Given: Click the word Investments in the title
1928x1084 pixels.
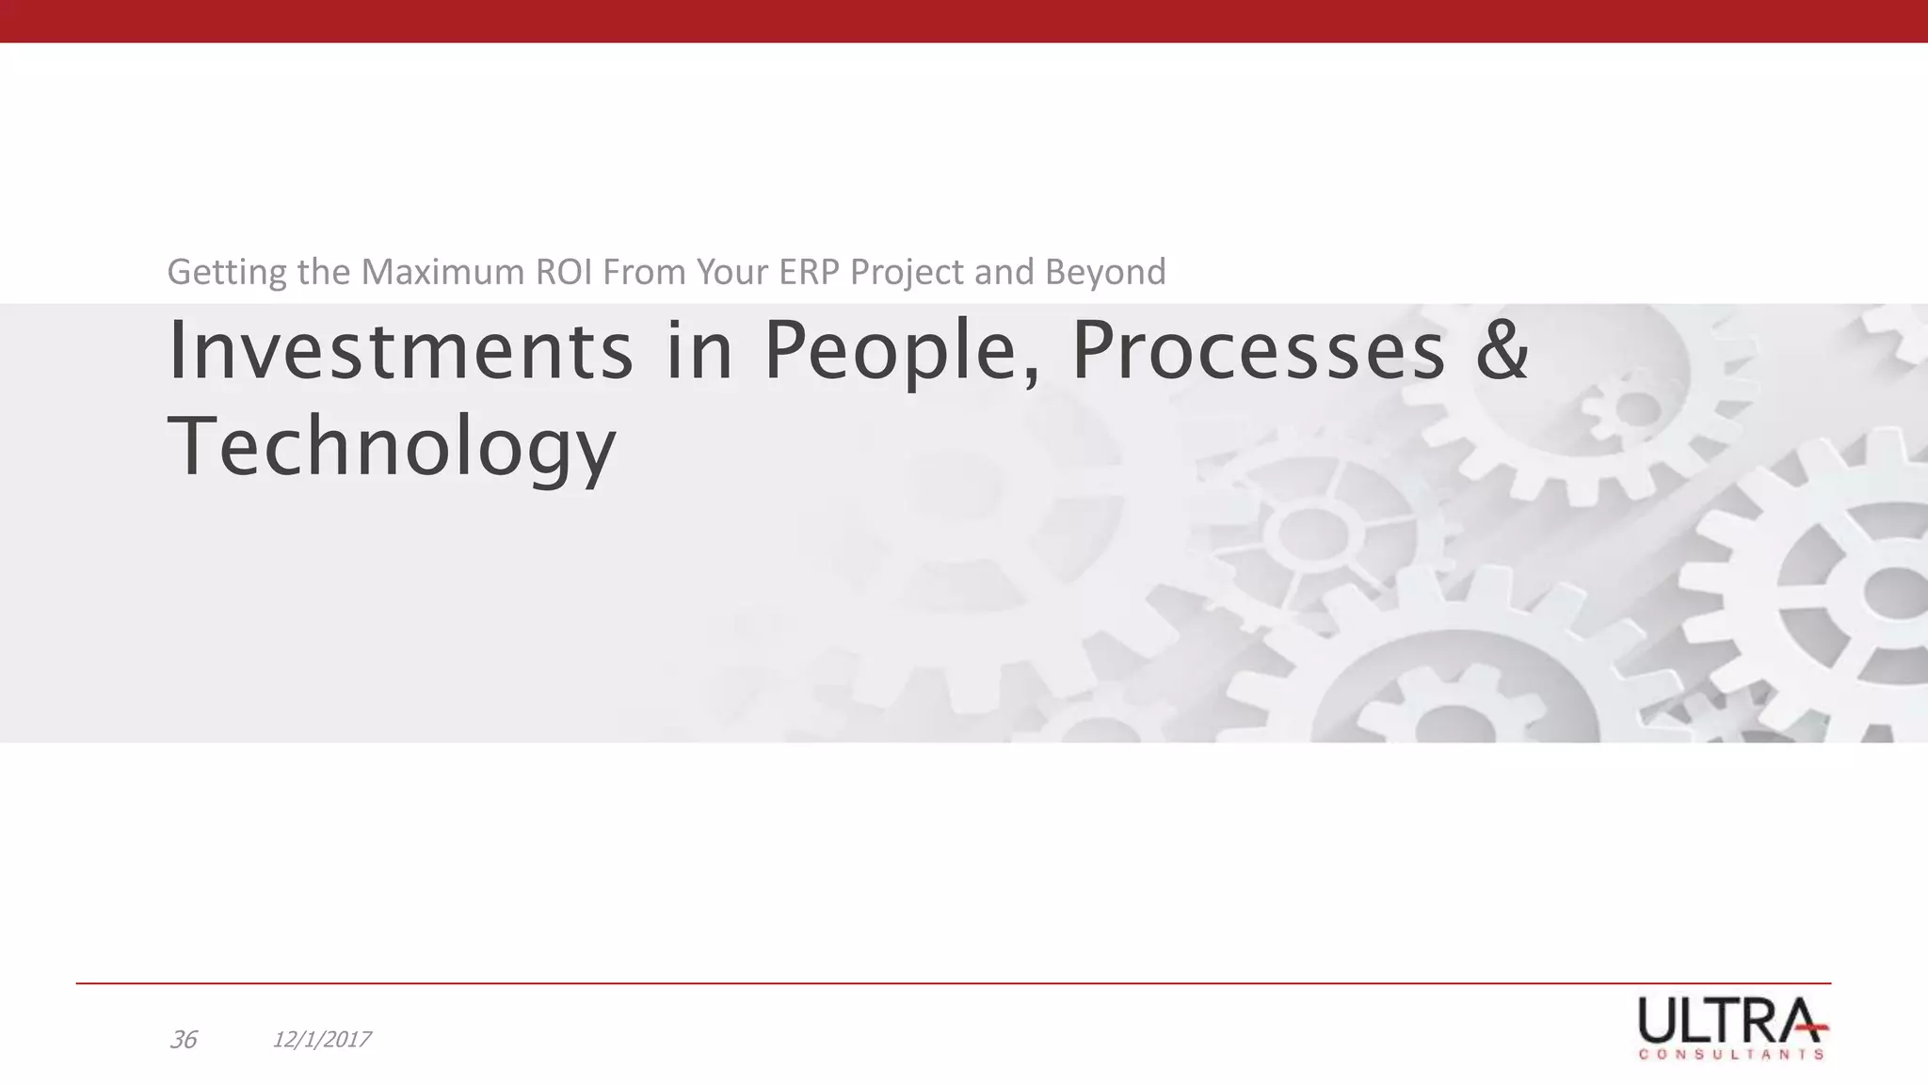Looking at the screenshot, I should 400,351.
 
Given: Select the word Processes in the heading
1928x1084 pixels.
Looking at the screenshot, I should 1259,351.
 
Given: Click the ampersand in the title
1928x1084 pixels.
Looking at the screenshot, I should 1502,351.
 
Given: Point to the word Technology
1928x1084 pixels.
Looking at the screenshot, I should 392,448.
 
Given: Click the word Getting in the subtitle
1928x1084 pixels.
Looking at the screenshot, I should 227,273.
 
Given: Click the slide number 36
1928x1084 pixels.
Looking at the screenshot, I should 183,1040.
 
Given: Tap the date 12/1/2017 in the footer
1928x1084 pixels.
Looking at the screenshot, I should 321,1040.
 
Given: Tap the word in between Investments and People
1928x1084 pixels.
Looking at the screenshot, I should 699,351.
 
